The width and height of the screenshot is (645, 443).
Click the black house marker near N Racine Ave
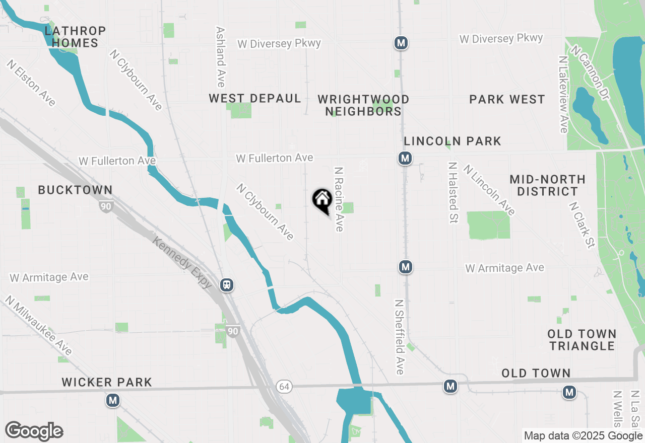click(322, 200)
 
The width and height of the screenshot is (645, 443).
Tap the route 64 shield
click(284, 387)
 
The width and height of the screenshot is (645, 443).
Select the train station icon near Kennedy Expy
click(227, 285)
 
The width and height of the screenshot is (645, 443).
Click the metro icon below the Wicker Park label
click(112, 401)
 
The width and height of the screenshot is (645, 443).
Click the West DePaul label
click(255, 98)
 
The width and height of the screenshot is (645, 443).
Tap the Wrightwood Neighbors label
click(363, 105)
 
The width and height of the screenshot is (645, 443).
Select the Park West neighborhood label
click(507, 99)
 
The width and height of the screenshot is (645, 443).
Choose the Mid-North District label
click(547, 185)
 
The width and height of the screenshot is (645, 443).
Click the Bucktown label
click(76, 190)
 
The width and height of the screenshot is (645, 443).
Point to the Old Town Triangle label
click(582, 340)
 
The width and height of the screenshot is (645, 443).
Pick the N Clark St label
click(582, 225)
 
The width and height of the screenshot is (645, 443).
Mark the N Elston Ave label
click(31, 83)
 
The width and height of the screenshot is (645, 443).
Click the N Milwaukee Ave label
click(39, 325)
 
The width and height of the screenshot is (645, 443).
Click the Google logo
click(34, 431)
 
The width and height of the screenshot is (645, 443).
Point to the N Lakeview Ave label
click(563, 94)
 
